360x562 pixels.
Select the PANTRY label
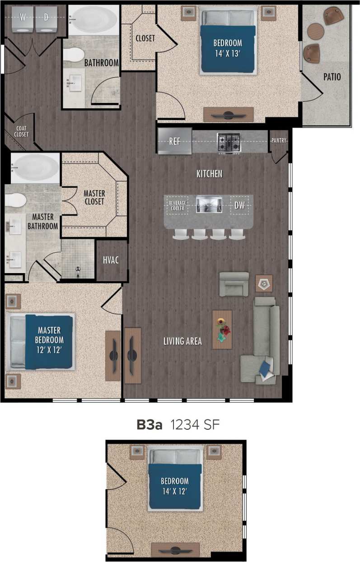click(279, 140)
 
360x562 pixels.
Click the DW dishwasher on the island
click(239, 205)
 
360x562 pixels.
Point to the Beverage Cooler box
click(178, 206)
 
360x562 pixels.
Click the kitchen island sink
click(209, 204)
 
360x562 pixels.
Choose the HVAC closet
click(111, 260)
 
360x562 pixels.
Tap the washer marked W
click(22, 18)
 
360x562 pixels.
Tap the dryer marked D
click(47, 18)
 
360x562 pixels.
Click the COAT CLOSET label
click(22, 131)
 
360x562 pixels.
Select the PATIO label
click(332, 77)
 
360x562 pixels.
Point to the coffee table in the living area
click(222, 329)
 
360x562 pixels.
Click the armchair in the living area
click(234, 283)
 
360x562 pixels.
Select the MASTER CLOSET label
click(94, 197)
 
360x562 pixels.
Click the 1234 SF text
click(195, 425)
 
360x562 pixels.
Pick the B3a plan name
click(149, 425)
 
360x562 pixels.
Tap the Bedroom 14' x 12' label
click(175, 486)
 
